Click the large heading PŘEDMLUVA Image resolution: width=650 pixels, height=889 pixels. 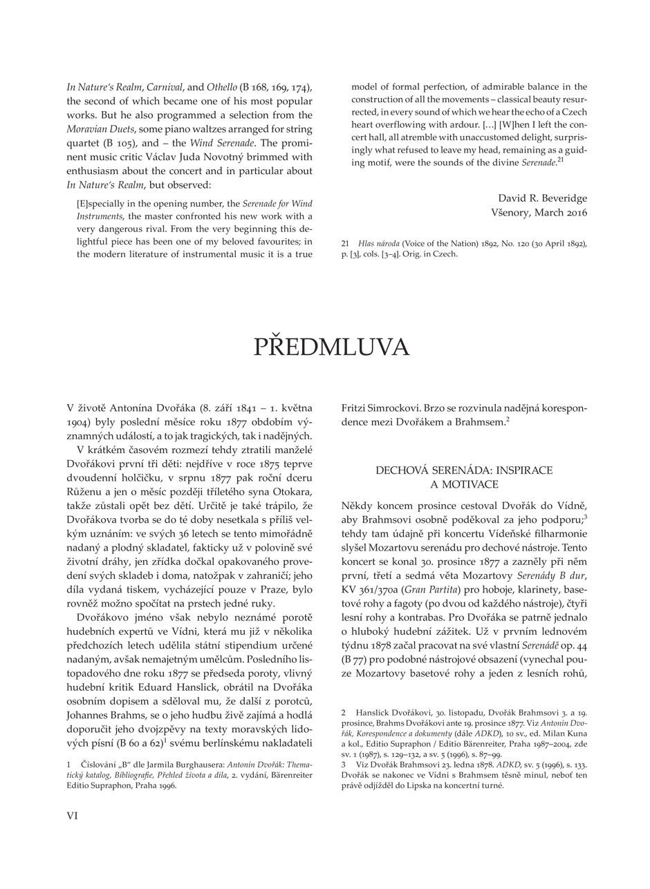click(x=331, y=347)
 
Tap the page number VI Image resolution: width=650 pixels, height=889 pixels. click(x=73, y=816)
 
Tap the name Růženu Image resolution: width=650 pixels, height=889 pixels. click(x=85, y=492)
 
